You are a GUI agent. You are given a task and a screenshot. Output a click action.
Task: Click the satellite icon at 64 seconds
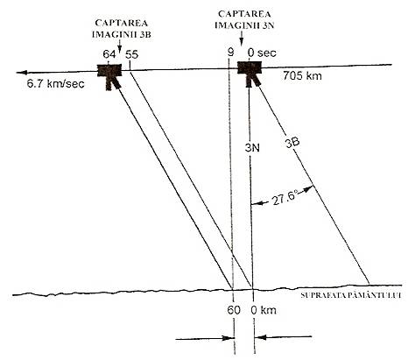[x=109, y=75]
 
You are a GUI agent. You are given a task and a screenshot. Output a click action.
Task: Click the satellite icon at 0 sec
[x=250, y=74]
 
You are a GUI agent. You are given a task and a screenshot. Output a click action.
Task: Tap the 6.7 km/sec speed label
[x=55, y=84]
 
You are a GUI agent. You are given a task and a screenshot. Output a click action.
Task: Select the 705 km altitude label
[x=302, y=76]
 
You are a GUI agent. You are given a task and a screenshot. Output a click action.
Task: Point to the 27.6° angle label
[x=285, y=200]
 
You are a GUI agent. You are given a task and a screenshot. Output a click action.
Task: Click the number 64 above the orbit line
[x=109, y=54]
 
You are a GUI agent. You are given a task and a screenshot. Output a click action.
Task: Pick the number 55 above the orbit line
[x=131, y=54]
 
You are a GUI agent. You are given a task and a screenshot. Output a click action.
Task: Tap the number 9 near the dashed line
[x=230, y=53]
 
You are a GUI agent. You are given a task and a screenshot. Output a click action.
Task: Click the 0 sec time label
[x=262, y=53]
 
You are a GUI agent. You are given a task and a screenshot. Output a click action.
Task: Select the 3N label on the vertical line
[x=252, y=148]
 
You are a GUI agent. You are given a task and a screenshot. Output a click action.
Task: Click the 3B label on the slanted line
[x=292, y=142]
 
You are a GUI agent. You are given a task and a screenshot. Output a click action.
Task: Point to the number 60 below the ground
[x=234, y=310]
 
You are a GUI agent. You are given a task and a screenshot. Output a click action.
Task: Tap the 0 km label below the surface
[x=264, y=310]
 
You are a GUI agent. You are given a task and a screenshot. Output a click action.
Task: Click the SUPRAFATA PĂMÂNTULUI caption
[x=351, y=295]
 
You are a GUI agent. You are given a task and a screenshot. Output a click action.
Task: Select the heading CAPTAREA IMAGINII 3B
[x=122, y=29]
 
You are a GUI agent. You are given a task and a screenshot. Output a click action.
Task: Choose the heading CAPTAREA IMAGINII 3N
[x=244, y=19]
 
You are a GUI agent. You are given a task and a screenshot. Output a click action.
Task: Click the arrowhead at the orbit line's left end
[x=21, y=73]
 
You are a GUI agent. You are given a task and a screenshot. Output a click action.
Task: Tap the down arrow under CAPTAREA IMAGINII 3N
[x=242, y=39]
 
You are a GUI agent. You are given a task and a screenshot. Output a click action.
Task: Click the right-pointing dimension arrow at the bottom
[x=205, y=339]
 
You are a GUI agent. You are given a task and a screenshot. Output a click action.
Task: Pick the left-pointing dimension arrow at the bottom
[x=283, y=337]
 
